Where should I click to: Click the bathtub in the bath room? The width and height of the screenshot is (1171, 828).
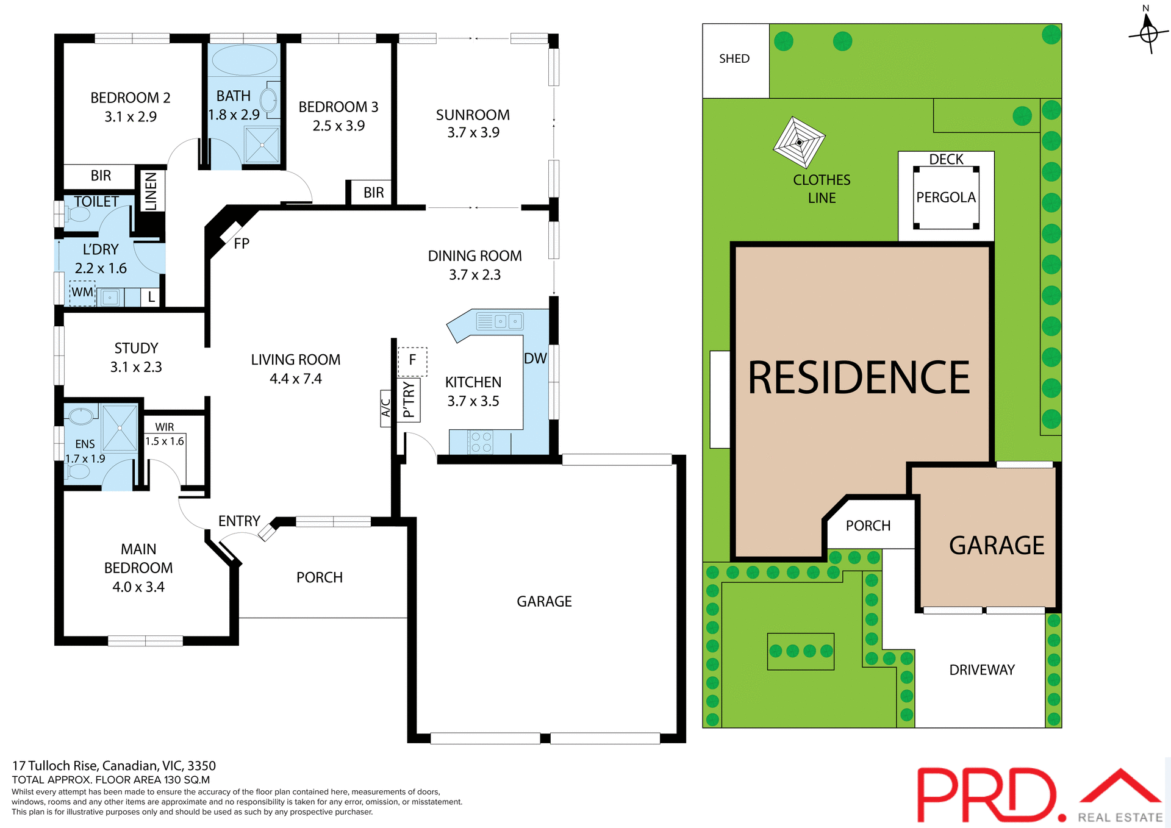coord(244,60)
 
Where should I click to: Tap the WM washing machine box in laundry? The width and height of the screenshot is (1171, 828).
coord(82,293)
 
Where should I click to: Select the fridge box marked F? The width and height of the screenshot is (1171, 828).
coord(412,361)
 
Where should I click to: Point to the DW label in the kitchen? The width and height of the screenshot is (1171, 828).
coord(535,359)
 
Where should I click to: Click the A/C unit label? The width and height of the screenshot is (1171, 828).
coord(385,408)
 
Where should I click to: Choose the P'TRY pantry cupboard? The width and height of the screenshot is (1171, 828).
coord(409,400)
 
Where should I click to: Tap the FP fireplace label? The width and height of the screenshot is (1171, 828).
coord(242,244)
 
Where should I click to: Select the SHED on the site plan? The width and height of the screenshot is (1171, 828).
coord(735,60)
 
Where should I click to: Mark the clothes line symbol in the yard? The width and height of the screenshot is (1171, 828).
coord(799,143)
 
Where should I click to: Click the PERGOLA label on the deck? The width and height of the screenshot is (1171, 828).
coord(946,198)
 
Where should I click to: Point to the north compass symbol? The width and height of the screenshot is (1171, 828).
coord(1148,33)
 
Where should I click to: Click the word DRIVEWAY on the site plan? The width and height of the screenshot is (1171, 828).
coord(982,670)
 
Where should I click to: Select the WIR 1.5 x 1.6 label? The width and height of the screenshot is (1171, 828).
coord(165,434)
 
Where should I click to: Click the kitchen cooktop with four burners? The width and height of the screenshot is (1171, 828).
coord(481,442)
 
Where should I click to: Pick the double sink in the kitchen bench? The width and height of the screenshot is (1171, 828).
coord(507,321)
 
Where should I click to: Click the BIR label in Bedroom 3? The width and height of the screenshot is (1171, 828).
coord(374,193)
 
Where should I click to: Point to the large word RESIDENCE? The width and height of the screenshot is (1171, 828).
coord(859,378)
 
